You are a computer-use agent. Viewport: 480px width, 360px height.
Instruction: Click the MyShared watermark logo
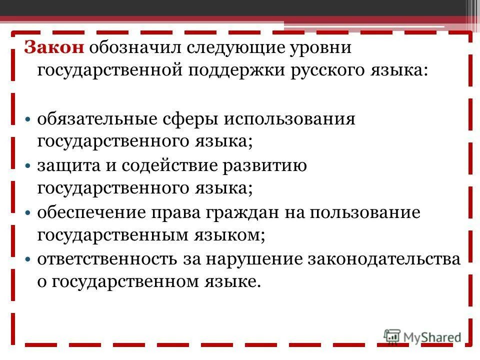tap(423, 337)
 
